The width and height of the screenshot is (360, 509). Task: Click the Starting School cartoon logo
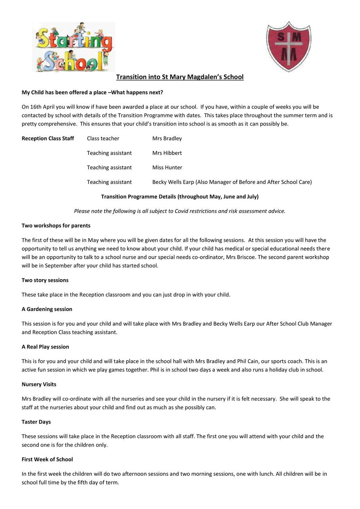[74, 47]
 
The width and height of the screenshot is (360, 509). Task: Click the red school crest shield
[289, 46]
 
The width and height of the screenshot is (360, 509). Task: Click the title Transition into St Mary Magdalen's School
[180, 77]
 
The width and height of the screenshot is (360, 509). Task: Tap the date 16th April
[40, 107]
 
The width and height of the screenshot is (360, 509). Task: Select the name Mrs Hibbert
[167, 153]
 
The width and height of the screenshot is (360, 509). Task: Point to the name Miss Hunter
[167, 168]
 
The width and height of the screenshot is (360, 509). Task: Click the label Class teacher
[103, 139]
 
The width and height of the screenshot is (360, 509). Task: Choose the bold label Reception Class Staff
[48, 139]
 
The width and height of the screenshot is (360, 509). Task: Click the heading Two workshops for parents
[56, 226]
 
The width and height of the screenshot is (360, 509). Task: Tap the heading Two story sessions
[45, 280]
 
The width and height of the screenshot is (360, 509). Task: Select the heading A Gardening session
[47, 309]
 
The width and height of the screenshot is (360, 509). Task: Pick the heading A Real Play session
[45, 347]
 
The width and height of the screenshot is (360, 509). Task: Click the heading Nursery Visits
[39, 384]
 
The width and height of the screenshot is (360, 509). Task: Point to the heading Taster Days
[36, 422]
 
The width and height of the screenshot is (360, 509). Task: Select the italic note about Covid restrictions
[180, 211]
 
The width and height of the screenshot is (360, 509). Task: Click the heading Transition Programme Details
[180, 197]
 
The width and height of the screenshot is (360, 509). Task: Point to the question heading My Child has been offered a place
[92, 92]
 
